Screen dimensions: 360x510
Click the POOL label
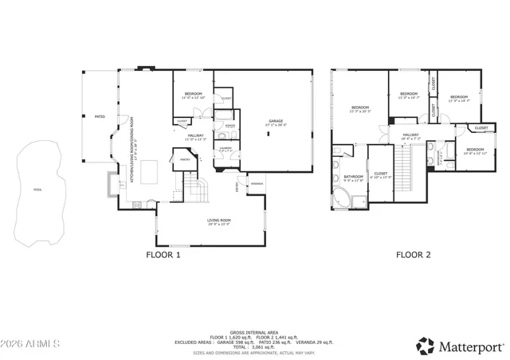point(38,189)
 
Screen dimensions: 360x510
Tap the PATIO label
point(100,116)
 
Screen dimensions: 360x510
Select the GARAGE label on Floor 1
point(276,121)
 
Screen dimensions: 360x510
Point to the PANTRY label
point(184,159)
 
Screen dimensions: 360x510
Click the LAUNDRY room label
point(226,147)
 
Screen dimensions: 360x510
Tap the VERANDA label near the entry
point(257,184)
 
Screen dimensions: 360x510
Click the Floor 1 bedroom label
point(193,95)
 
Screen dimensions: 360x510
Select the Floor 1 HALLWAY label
point(195,135)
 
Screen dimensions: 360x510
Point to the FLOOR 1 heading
point(163,256)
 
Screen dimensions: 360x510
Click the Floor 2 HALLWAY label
point(410,135)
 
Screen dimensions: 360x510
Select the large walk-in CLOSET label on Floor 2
point(381,173)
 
